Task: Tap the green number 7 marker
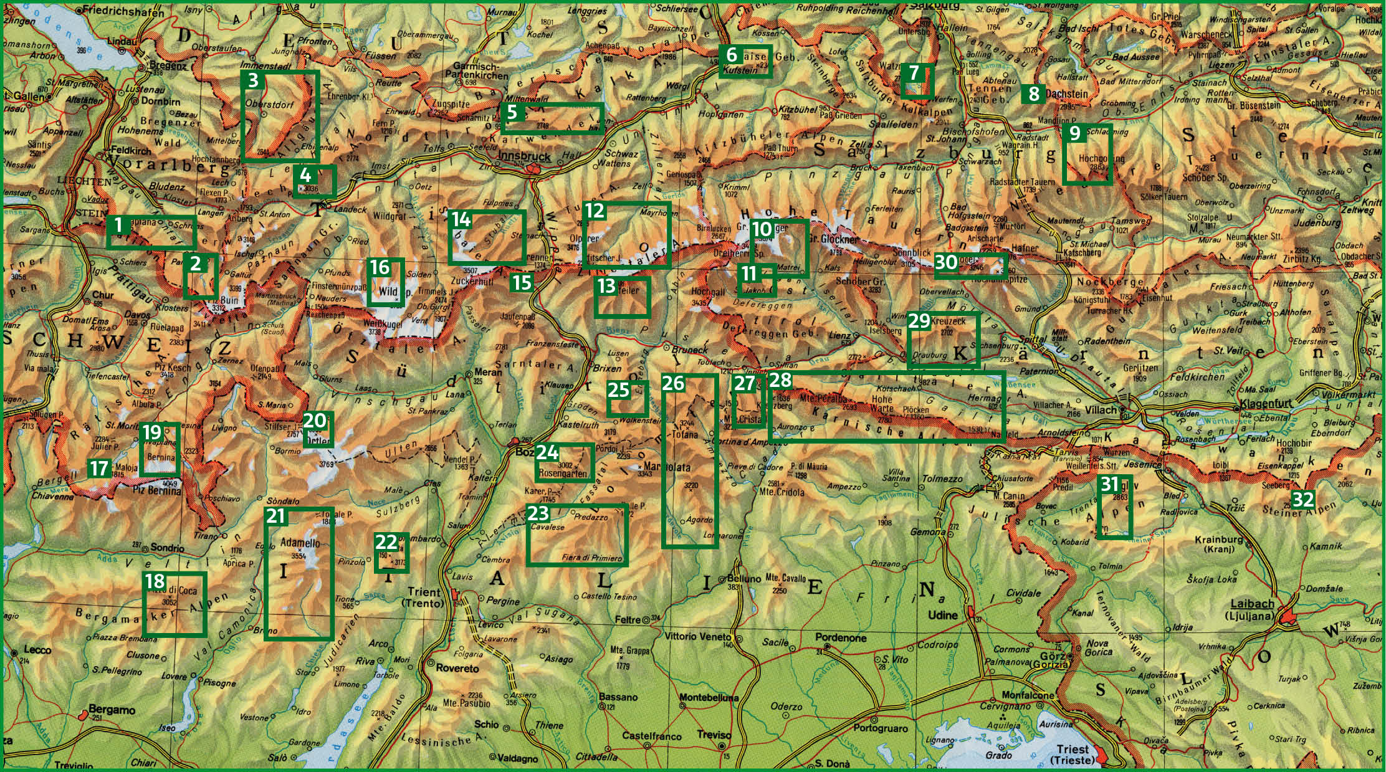pyautogui.click(x=914, y=73)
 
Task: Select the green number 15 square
pyautogui.click(x=522, y=282)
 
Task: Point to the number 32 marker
pyautogui.click(x=1303, y=499)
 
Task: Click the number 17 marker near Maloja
pyautogui.click(x=99, y=467)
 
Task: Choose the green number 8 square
pyautogui.click(x=1034, y=94)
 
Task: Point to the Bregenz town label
pyautogui.click(x=168, y=66)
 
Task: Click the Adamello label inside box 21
pyautogui.click(x=301, y=543)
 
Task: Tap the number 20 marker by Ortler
pyautogui.click(x=315, y=421)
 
